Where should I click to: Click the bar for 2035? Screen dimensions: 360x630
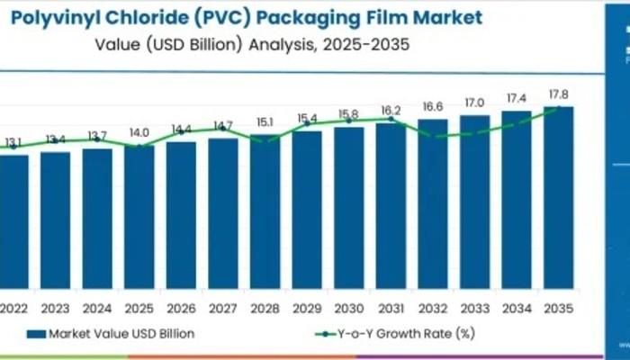558,198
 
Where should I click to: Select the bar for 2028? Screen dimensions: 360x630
265,211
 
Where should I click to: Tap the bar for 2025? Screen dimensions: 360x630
139,217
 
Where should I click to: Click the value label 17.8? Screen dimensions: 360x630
558,94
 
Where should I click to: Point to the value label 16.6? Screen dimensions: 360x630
432,107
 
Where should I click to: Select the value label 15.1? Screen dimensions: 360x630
265,121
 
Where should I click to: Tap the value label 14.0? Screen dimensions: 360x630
139,132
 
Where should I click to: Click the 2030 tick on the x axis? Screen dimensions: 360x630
348,306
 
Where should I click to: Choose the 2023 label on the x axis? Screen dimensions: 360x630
56,306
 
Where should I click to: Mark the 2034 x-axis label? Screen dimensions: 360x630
517,306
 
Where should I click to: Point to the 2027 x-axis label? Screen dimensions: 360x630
222,306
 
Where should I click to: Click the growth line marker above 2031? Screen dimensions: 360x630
390,119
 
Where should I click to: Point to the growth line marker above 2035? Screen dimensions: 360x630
558,108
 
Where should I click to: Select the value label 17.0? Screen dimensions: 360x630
474,103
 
